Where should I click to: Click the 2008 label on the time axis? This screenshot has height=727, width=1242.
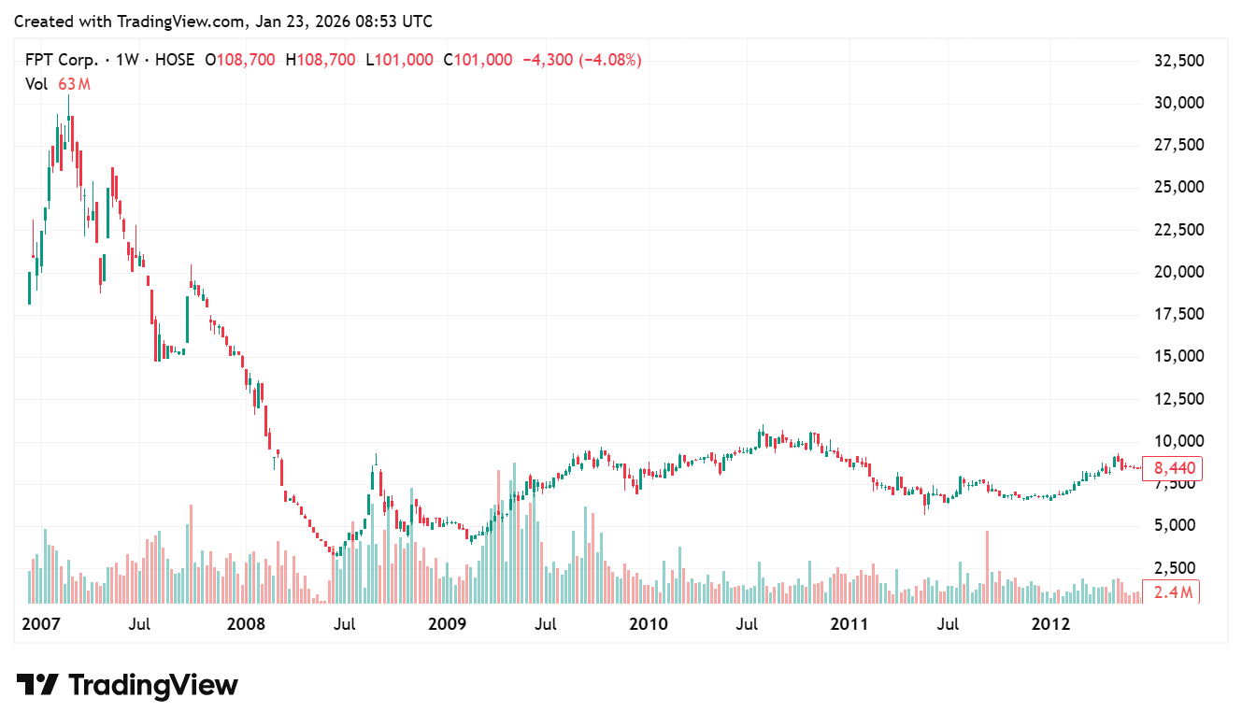[x=247, y=624]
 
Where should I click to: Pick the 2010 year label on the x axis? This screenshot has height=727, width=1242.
[x=649, y=624]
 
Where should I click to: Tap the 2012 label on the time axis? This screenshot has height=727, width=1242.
[x=1051, y=624]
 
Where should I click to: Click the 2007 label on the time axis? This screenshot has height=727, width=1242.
[x=40, y=624]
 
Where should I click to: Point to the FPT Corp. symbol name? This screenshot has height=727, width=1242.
[x=61, y=60]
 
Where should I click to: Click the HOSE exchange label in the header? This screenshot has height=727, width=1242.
[x=174, y=60]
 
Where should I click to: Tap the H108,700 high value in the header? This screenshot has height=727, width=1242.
[x=321, y=60]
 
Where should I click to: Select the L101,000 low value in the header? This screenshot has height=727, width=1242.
[x=399, y=60]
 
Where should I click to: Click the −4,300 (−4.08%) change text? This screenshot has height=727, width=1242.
[x=581, y=60]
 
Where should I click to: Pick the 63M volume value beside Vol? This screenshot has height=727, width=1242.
[x=74, y=84]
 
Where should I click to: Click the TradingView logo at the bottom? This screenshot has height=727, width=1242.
[x=127, y=685]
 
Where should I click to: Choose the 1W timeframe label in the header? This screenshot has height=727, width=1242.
[x=127, y=60]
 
